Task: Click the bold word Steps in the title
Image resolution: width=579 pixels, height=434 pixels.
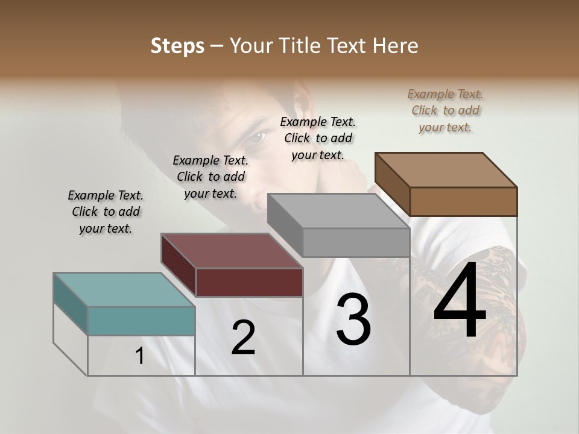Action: coord(177,46)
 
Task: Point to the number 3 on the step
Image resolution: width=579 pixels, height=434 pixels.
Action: coord(353,319)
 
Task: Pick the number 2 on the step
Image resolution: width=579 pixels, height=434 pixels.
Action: coord(243,338)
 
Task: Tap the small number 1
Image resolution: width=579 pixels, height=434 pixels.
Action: coord(140,356)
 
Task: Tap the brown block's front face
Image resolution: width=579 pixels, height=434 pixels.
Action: coord(463,201)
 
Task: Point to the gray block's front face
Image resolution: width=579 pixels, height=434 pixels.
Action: coord(356,242)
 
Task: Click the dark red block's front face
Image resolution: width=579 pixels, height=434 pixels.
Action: coord(249,282)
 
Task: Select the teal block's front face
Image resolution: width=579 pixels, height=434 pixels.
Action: coord(141,321)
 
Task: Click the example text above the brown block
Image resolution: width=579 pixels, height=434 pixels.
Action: coord(445,110)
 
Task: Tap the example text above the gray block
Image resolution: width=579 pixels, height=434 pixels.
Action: coord(318,138)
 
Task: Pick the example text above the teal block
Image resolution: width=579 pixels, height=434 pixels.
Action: coord(106,212)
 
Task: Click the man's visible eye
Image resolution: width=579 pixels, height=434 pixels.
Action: coord(257,138)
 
